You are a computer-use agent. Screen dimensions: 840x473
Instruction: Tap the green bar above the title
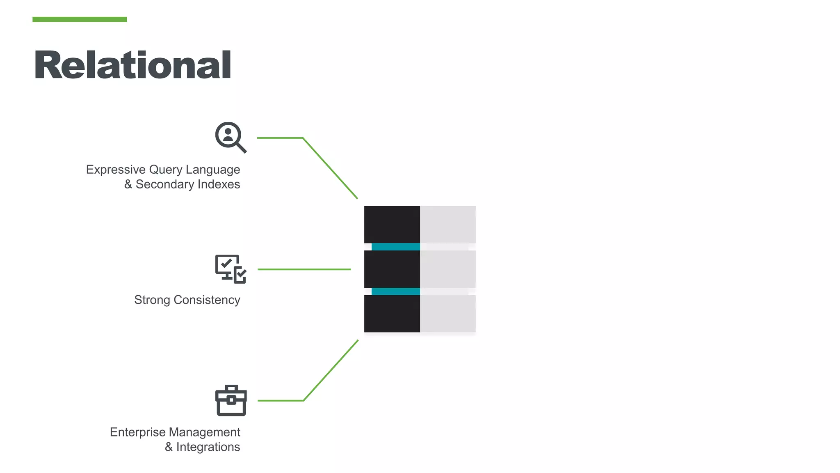[x=80, y=19]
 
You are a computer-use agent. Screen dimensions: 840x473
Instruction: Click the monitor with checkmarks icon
[x=231, y=269]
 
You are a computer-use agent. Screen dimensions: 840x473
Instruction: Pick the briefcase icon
[x=231, y=400]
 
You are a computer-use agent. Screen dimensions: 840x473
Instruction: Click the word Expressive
[x=116, y=170]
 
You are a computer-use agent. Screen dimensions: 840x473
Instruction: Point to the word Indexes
[x=219, y=184]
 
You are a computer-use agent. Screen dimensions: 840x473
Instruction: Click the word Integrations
[x=208, y=447]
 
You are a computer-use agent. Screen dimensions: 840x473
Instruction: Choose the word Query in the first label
[x=166, y=170]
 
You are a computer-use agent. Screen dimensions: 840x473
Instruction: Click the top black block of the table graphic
[x=392, y=224]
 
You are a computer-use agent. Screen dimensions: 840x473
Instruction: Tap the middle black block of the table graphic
[x=392, y=269]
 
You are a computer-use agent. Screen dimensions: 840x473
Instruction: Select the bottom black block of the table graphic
[x=392, y=314]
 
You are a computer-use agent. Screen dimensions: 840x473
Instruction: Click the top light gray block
[x=448, y=224]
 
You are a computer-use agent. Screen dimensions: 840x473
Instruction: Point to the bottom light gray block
[x=448, y=314]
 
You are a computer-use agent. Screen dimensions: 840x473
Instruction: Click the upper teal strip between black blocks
[x=396, y=247]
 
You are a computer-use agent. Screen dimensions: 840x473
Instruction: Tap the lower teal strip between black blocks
[x=396, y=292]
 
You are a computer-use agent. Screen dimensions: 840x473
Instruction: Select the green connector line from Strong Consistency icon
[x=304, y=269]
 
